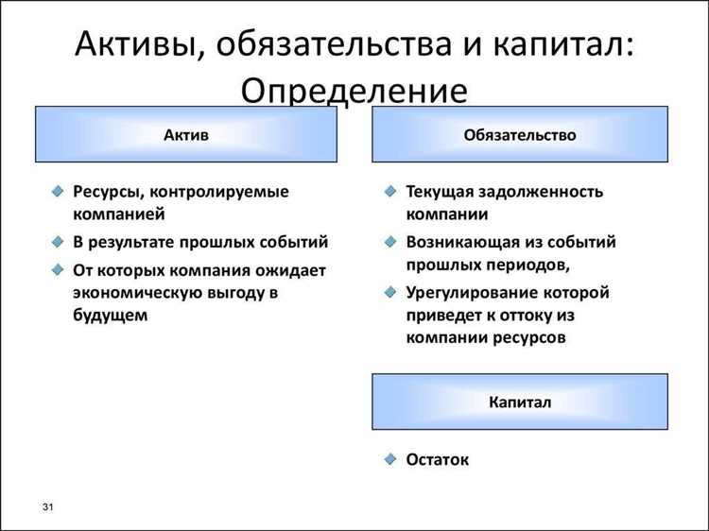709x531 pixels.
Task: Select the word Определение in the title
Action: tap(354, 92)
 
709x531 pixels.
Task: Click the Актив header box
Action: tap(186, 134)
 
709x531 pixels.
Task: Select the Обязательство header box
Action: tap(520, 134)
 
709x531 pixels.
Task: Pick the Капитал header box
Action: tap(520, 402)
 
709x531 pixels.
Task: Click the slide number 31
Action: tap(48, 510)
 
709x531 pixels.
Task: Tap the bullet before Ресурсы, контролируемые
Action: tap(58, 192)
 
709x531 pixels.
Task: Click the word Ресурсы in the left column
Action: tap(108, 192)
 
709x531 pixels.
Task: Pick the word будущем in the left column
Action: tap(111, 316)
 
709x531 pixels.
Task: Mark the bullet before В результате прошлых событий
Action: tap(58, 242)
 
